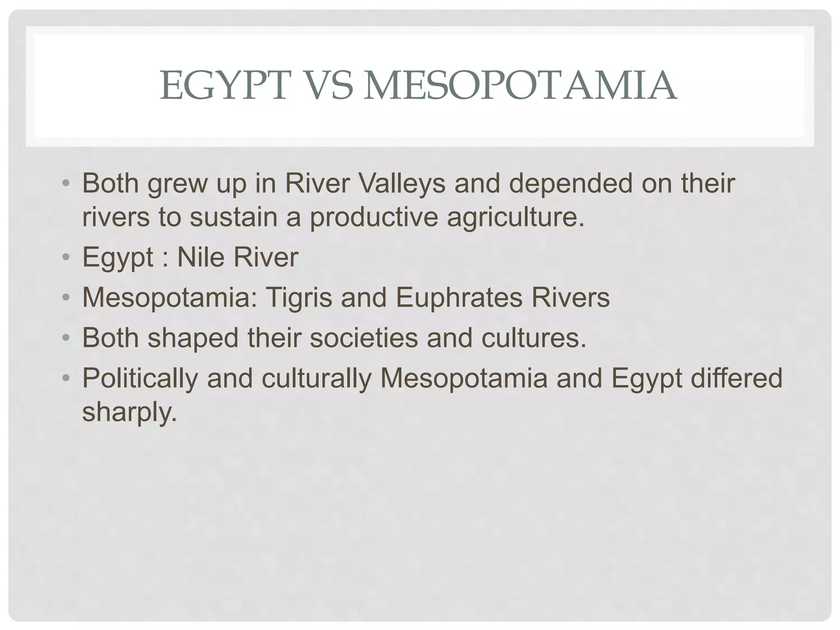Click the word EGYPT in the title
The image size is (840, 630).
point(224,86)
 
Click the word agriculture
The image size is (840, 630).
point(515,217)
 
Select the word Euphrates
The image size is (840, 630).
point(459,297)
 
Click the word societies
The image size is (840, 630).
point(363,338)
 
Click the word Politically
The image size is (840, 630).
point(140,379)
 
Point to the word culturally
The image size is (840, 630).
point(316,379)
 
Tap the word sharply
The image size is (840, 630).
point(129,412)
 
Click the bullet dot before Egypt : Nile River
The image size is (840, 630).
point(66,258)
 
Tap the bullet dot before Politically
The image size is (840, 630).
point(66,378)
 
